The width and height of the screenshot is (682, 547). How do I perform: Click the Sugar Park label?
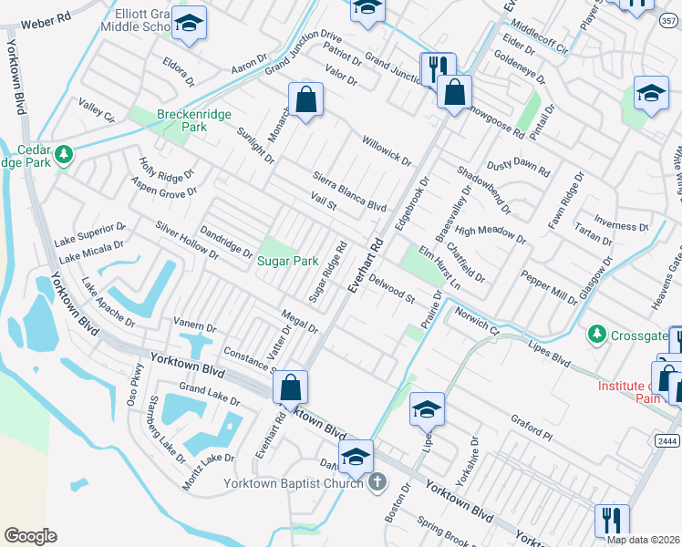(x=287, y=261)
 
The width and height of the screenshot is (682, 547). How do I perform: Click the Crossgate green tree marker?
(x=596, y=335)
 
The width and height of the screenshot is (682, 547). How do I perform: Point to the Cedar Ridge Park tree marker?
(x=63, y=154)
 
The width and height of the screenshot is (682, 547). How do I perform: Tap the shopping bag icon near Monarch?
(x=307, y=99)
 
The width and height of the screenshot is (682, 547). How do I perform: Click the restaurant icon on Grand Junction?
(x=437, y=67)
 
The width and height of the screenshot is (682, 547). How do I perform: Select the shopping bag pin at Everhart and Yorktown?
(x=290, y=387)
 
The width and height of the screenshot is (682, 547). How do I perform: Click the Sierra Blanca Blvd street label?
(x=350, y=191)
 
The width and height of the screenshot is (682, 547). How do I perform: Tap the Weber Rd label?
(x=49, y=18)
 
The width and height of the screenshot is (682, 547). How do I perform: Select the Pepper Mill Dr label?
(x=548, y=285)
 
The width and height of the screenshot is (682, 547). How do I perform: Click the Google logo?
(x=30, y=536)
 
